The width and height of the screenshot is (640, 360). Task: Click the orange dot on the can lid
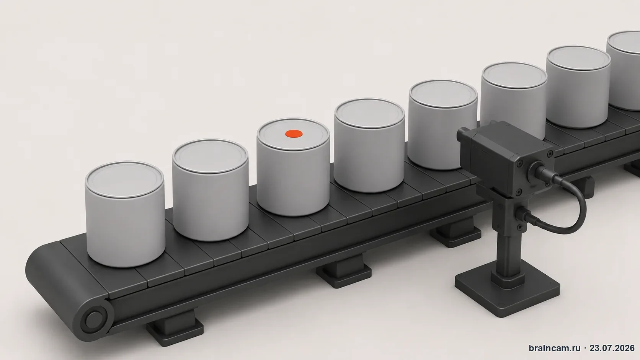coord(294,133)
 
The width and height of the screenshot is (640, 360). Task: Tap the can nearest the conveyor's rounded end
coord(125,214)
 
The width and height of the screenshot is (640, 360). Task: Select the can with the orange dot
coord(293,167)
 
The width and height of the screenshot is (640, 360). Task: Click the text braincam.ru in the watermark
coord(555,348)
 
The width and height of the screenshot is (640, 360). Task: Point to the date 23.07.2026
coord(612,348)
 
